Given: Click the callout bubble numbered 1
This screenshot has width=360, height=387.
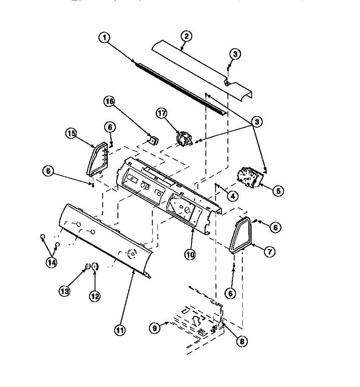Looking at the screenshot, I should (104, 38).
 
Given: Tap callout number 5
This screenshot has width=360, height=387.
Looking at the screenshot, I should (278, 191).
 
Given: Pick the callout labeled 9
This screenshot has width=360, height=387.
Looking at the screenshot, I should (155, 328).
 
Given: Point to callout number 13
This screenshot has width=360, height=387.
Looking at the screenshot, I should (65, 292).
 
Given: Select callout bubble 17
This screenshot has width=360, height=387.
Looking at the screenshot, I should (162, 113).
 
